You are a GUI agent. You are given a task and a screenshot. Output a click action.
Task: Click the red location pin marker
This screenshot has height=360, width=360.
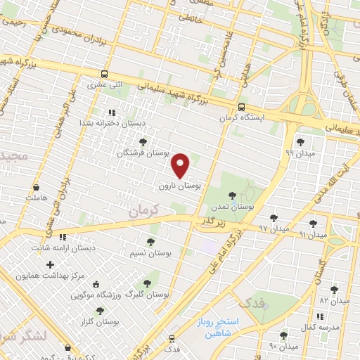pyautogui.click(x=181, y=165)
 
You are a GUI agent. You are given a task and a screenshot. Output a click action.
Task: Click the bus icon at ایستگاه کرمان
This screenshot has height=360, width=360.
pyautogui.click(x=241, y=108)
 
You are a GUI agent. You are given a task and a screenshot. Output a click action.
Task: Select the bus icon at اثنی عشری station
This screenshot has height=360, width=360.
pyautogui.click(x=105, y=74)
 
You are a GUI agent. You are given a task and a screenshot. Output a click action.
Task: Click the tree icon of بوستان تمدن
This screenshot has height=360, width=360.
pyautogui.click(x=232, y=196)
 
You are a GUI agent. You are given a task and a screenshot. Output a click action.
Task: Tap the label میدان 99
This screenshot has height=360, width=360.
pyautogui.click(x=299, y=152)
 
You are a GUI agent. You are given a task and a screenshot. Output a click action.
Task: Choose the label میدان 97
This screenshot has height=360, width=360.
pyautogui.click(x=274, y=229)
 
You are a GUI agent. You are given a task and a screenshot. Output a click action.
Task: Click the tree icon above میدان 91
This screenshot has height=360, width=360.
pyautogui.click(x=313, y=224)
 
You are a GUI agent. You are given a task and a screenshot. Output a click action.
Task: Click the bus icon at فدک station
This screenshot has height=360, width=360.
pyautogui.click(x=170, y=338)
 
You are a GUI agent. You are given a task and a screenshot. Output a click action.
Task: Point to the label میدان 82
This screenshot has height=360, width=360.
pyautogui.click(x=334, y=300)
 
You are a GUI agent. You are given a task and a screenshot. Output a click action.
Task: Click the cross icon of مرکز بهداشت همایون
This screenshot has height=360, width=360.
pyautogui.click(x=49, y=265)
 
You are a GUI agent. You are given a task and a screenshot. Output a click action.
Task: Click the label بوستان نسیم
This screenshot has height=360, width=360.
pyautogui.click(x=151, y=252)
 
